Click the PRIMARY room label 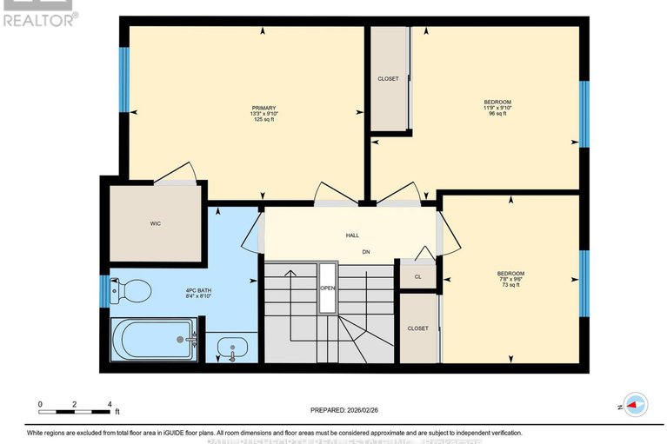coord(263,108)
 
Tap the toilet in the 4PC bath coord(134,291)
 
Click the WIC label coord(156,223)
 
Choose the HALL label coord(352,235)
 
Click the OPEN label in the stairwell coord(327,288)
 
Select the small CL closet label coord(417,276)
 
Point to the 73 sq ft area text coord(511,284)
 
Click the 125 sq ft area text coord(263,120)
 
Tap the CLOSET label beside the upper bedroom coord(388,78)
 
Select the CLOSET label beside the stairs coord(417,328)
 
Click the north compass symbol coord(632,405)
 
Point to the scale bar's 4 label coord(109,405)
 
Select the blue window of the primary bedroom coord(124,79)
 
